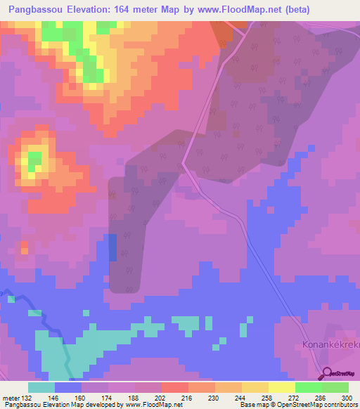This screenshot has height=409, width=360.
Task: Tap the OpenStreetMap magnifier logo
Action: [x=326, y=374]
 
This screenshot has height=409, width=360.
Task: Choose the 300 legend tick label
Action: [x=347, y=398]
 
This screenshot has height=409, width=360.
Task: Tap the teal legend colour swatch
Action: [x=41, y=387]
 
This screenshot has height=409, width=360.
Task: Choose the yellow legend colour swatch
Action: [x=255, y=387]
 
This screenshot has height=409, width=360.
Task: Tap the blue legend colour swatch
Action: [x=68, y=387]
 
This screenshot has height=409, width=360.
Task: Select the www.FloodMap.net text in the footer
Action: [x=147, y=405]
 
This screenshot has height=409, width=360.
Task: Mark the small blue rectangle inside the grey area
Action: [x=112, y=247]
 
